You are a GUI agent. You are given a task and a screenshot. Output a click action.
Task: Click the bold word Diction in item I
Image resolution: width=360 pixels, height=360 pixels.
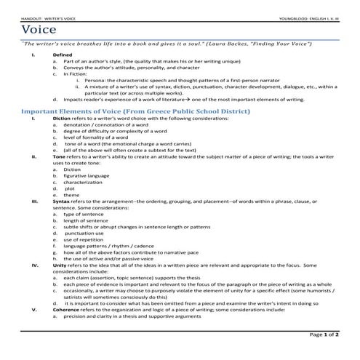63,119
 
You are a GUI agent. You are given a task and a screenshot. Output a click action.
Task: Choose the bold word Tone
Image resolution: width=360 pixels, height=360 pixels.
60,156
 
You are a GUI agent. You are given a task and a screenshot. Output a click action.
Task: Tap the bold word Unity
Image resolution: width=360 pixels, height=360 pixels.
60,266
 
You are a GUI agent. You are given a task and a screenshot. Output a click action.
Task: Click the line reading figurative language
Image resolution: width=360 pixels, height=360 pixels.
87,175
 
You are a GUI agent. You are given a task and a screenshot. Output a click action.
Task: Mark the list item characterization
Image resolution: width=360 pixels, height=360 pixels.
84,182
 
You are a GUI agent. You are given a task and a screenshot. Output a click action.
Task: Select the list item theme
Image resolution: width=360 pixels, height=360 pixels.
71,195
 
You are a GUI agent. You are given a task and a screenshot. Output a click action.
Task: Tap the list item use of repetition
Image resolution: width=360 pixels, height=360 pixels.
84,240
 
